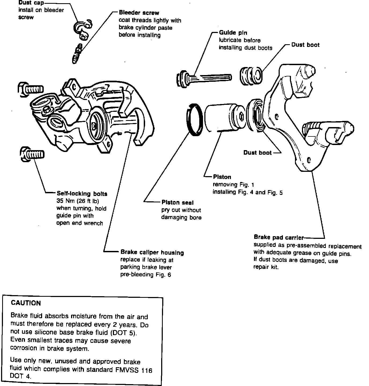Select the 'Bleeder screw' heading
(139, 13)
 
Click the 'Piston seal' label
(177, 202)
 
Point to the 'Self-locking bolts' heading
(82, 194)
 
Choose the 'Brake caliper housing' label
(152, 253)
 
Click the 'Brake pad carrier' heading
(279, 237)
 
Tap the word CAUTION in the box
(26, 303)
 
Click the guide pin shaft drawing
(212, 77)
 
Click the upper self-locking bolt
(30, 89)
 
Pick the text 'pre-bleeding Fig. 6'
(145, 274)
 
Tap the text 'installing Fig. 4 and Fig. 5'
(247, 192)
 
